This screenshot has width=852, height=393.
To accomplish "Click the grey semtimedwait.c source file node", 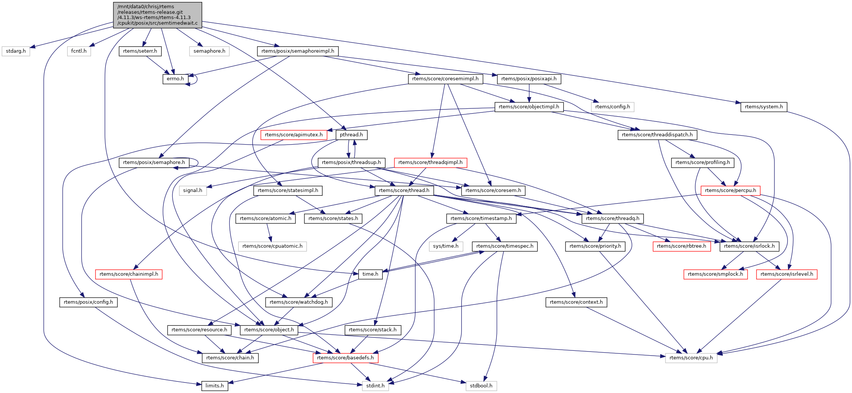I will click(157, 15).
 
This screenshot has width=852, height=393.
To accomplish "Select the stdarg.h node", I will click(16, 51).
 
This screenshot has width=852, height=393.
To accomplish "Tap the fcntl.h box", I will click(79, 51).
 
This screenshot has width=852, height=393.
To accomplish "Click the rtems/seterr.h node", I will click(140, 51).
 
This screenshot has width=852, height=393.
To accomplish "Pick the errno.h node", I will click(175, 79).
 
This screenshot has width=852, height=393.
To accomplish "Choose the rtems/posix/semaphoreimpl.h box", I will click(297, 51).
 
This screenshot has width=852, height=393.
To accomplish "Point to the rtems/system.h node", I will click(764, 107).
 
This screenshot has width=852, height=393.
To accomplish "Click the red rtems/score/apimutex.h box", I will click(294, 135).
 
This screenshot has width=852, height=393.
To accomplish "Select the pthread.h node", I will click(351, 135).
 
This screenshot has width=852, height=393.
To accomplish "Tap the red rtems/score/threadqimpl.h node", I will click(430, 163).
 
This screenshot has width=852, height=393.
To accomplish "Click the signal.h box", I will click(192, 191).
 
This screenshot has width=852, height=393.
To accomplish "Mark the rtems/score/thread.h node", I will click(404, 191).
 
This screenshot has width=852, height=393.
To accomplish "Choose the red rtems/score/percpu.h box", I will click(730, 191).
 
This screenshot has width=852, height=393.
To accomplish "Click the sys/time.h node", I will click(445, 246).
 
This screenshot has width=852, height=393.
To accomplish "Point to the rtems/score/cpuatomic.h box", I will click(272, 246).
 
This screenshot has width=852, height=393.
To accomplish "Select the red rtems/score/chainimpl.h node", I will click(129, 274).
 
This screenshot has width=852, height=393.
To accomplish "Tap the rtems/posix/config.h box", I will click(88, 302).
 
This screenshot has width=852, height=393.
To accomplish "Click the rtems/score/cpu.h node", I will click(691, 358).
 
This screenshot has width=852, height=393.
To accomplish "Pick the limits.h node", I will click(214, 386).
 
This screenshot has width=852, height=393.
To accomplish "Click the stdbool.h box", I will click(481, 386).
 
